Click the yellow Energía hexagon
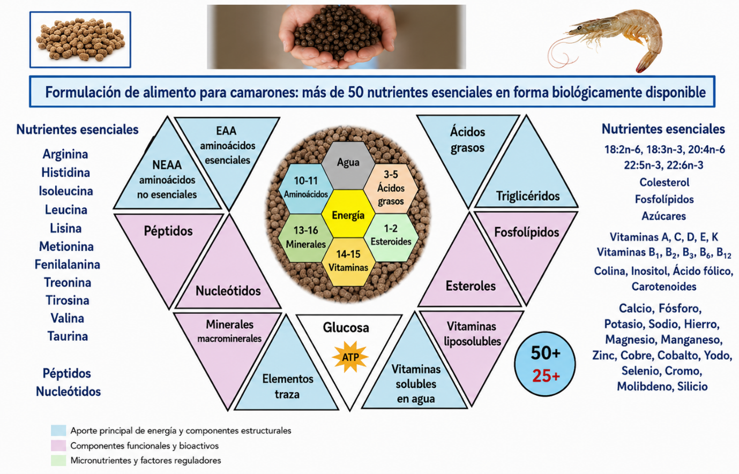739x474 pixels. pyautogui.click(x=348, y=214)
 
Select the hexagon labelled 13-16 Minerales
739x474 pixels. pyautogui.click(x=305, y=238)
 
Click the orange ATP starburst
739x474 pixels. pyautogui.click(x=350, y=357)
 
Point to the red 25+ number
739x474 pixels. pyautogui.click(x=546, y=376)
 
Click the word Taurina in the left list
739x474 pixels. pyautogui.click(x=68, y=336)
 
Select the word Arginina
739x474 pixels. pyautogui.click(x=65, y=154)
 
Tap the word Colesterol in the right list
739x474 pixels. pyautogui.click(x=665, y=182)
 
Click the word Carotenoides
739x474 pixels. pyautogui.click(x=664, y=287)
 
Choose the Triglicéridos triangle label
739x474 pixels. pyautogui.click(x=528, y=196)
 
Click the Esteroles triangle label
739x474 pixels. pyautogui.click(x=471, y=286)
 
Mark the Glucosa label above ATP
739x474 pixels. pyautogui.click(x=346, y=327)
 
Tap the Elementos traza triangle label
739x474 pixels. pyautogui.click(x=288, y=386)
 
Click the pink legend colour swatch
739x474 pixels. pyautogui.click(x=58, y=446)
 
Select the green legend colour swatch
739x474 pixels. pyautogui.click(x=58, y=461)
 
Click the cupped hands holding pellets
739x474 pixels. pyautogui.click(x=337, y=36)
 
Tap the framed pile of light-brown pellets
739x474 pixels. pyautogui.click(x=80, y=40)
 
